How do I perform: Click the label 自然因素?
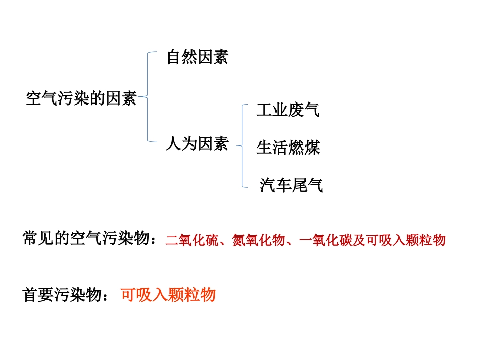point(197,57)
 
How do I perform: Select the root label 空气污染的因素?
point(81,98)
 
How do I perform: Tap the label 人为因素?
point(197,144)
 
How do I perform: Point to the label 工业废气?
point(288,110)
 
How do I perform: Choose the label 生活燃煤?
point(288,147)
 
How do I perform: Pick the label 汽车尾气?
point(291,185)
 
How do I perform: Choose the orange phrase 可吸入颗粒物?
point(168,295)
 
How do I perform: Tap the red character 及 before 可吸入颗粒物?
point(359,240)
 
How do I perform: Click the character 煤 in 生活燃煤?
point(312,147)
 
